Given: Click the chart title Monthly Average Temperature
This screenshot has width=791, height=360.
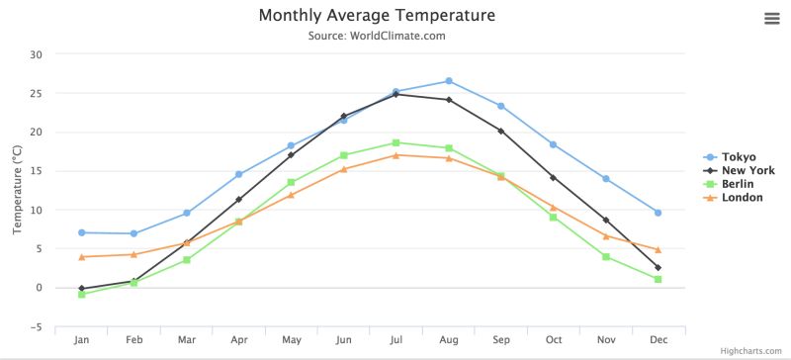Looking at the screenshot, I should [377, 16].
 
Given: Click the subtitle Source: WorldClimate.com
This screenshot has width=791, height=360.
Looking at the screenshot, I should [377, 37].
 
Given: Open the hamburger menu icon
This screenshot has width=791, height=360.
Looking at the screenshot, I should [772, 19].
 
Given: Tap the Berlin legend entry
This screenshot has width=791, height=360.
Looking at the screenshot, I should [740, 184].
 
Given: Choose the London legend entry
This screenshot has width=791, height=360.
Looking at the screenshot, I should [742, 198].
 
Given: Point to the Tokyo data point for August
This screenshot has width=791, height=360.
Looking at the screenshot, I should [449, 81].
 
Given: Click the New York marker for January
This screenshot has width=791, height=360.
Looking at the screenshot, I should [81, 289].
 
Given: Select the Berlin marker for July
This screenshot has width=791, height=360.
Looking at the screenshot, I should [395, 142].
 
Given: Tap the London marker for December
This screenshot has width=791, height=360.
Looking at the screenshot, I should [658, 250].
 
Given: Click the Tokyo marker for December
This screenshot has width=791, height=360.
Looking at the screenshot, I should [658, 213].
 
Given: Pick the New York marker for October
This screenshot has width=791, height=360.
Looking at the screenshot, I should [553, 178].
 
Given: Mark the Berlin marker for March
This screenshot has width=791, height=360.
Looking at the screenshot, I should [186, 260].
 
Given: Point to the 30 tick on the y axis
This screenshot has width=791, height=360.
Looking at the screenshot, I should [36, 54].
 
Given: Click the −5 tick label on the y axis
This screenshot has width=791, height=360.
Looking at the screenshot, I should [36, 327].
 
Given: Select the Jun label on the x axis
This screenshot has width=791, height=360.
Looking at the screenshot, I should [343, 340].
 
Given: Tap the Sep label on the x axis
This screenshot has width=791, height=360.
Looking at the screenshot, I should [500, 340].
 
